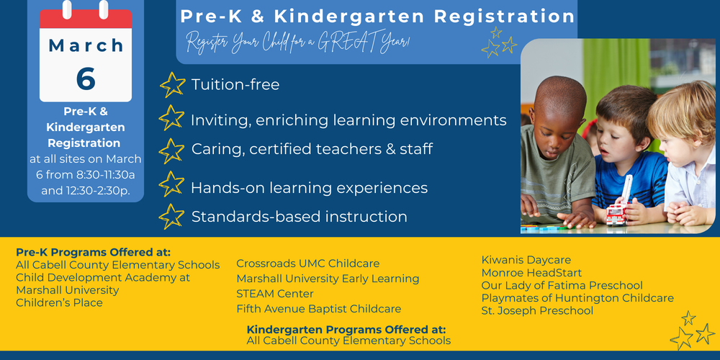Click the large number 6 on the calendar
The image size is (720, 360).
coord(86,78)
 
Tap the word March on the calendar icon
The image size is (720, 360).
coord(86,45)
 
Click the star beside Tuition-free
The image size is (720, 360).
coord(172,84)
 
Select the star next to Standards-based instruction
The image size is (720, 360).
coord(171,216)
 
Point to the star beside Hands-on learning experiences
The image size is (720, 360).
coord(171,184)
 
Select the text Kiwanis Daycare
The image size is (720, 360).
coord(526,260)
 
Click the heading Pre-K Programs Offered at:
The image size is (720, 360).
coord(93,252)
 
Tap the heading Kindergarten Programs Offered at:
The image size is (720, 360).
coord(346,329)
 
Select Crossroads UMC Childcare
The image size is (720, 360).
coord(307,264)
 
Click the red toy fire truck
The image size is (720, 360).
coord(616,214)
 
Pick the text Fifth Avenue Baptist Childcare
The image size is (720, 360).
coord(318,309)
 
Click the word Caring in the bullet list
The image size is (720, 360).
coord(213,150)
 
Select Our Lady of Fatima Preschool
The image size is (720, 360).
coord(562,286)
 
